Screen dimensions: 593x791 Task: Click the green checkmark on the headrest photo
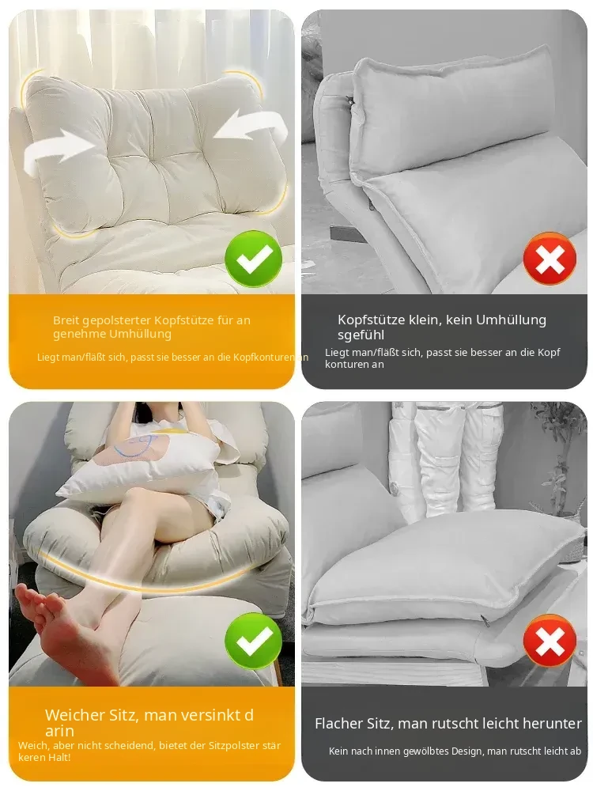(x=253, y=259)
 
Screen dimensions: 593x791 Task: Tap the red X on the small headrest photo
(x=550, y=259)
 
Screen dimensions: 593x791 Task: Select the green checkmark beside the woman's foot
(x=253, y=641)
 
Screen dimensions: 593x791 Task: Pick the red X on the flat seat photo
(x=550, y=642)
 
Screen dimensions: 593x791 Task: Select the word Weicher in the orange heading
(x=74, y=715)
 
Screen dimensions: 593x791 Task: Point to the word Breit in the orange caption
(x=66, y=320)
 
